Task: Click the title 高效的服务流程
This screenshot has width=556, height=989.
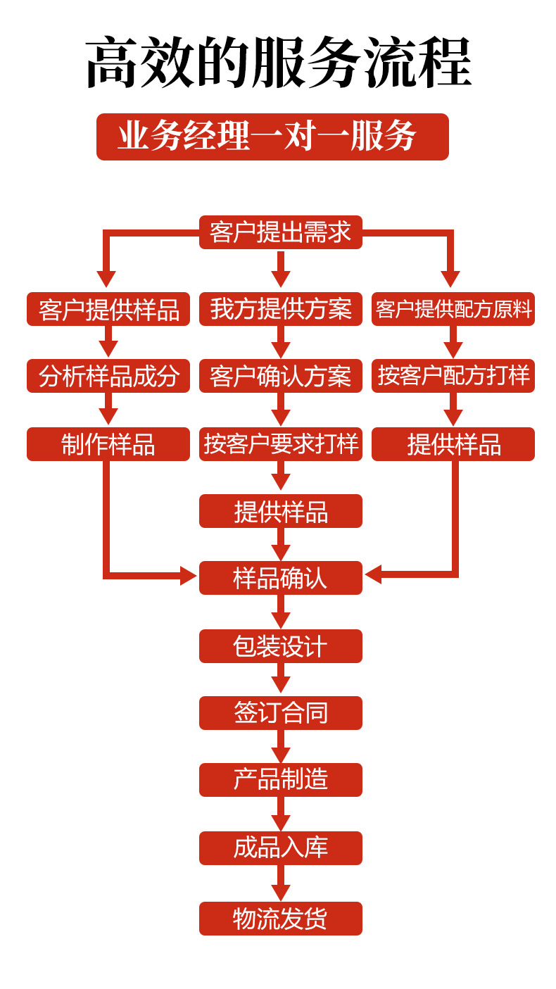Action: [x=278, y=63]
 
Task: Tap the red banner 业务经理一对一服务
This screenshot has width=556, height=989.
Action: [x=272, y=137]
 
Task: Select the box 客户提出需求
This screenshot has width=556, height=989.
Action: [x=280, y=232]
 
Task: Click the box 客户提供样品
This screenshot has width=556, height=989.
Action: [x=108, y=309]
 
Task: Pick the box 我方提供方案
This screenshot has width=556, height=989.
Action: [x=280, y=309]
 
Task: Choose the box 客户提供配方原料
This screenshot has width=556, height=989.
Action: [x=453, y=309]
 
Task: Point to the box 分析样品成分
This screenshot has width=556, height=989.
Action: [x=108, y=376]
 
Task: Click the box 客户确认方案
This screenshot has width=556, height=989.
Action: [x=280, y=376]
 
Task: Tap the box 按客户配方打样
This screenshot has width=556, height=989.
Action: [x=453, y=376]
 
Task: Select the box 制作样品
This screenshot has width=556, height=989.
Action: [x=108, y=444]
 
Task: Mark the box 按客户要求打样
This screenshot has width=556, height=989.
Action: [x=280, y=444]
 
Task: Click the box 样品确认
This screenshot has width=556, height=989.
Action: [x=280, y=578]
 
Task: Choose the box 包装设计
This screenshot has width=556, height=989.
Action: [x=280, y=646]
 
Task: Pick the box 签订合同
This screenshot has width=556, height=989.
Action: [x=280, y=713]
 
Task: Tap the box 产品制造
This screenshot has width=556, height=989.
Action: [x=280, y=780]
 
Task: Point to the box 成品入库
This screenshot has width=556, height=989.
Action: [x=280, y=848]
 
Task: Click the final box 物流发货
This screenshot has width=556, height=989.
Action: [x=280, y=919]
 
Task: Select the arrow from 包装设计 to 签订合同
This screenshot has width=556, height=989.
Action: [x=280, y=679]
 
